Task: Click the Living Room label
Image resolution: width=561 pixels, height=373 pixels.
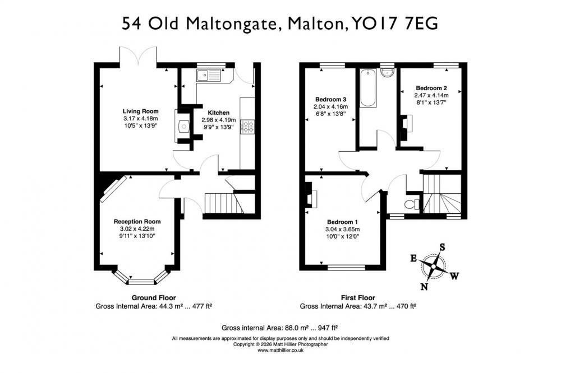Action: tap(140, 111)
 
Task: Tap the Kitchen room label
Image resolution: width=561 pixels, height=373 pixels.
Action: tap(219, 113)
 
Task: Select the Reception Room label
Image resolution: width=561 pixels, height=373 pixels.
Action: tap(137, 222)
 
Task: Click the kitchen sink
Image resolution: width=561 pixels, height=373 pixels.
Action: tap(209, 75)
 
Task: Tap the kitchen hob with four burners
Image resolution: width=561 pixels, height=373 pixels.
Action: tap(247, 127)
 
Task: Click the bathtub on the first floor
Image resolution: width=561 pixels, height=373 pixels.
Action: tap(368, 88)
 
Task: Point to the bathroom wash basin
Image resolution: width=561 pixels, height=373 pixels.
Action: tap(387, 73)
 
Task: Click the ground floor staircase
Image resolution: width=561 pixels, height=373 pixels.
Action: tap(223, 203)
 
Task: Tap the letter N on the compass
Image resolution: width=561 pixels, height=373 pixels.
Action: tap(424, 287)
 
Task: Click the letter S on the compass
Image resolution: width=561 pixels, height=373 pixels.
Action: tap(442, 247)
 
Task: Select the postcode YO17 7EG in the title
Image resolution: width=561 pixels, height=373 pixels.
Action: tap(395, 24)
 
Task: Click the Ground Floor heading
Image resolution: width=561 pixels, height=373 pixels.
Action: tap(154, 297)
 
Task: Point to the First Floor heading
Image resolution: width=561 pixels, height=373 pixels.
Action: tap(358, 297)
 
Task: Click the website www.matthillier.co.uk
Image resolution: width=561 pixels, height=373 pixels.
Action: tap(280, 351)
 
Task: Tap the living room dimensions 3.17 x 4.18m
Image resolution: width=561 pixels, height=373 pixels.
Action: tap(141, 118)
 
